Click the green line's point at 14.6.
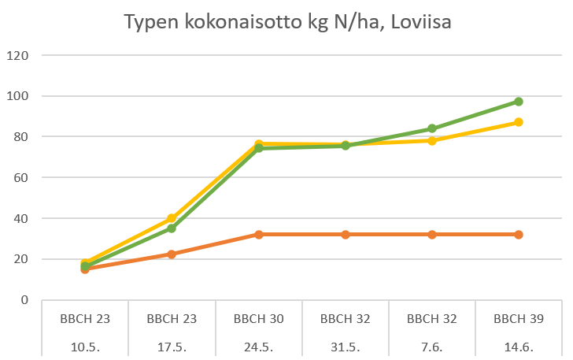(x=519, y=102)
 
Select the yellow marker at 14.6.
(x=519, y=122)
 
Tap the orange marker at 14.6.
(x=519, y=235)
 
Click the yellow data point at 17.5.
(x=172, y=218)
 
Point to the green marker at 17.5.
(x=172, y=228)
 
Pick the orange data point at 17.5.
(x=172, y=254)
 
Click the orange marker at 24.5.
(x=258, y=235)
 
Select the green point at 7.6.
(x=432, y=128)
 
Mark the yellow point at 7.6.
(x=432, y=141)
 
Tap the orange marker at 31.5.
(x=346, y=235)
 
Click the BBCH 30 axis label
(x=258, y=319)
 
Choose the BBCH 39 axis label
(x=519, y=319)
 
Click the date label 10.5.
(x=85, y=346)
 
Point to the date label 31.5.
(x=346, y=346)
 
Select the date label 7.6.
(x=432, y=346)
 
